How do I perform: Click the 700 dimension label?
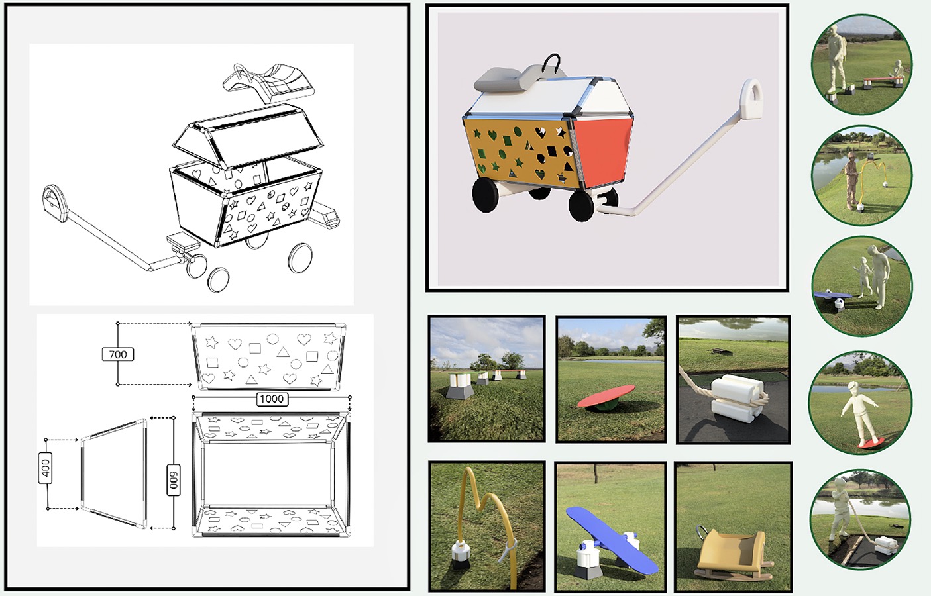[118, 354]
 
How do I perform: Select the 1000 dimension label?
[272, 399]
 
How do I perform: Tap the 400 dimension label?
[46, 468]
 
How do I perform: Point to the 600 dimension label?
[174, 479]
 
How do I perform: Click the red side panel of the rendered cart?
[602, 151]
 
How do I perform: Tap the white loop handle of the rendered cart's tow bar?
[753, 99]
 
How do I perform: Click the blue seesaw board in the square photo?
[610, 538]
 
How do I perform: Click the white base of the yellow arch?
[460, 552]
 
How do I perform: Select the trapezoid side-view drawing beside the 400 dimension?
[113, 473]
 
